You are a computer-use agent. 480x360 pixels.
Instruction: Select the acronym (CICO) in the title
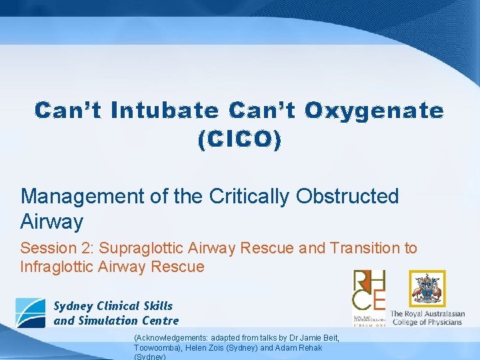(x=239, y=139)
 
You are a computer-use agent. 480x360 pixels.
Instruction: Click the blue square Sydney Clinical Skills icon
(x=31, y=313)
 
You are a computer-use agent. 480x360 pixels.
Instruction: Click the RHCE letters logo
(x=369, y=291)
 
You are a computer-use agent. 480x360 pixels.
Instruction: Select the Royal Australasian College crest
(x=427, y=288)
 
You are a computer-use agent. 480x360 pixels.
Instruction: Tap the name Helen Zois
(x=193, y=347)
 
